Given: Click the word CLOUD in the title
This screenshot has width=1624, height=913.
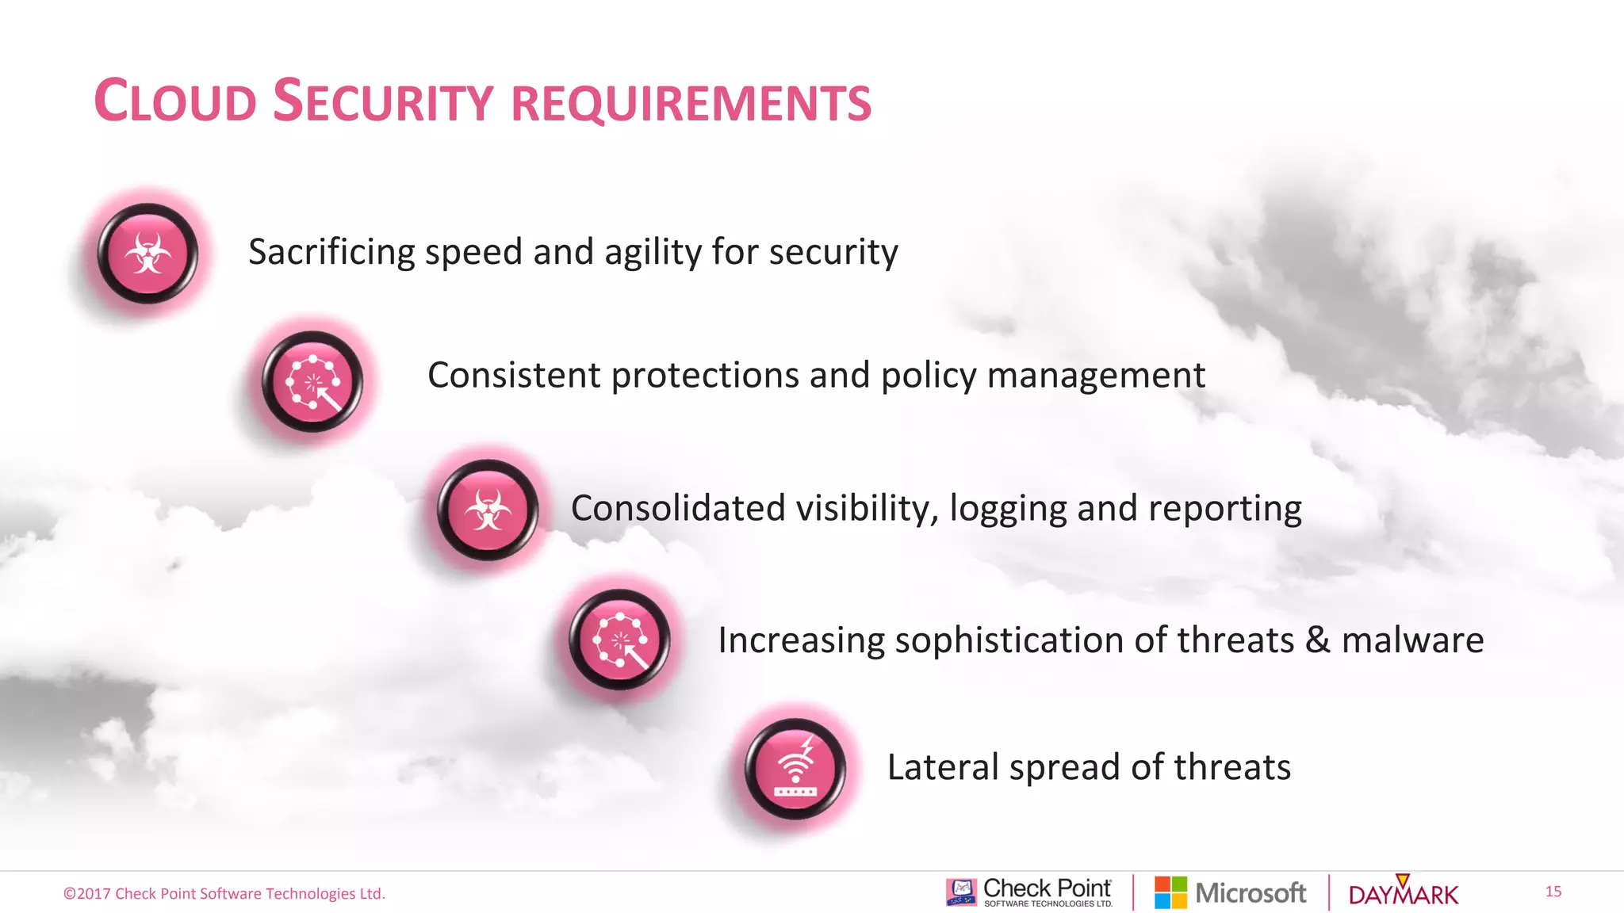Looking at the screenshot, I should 175,101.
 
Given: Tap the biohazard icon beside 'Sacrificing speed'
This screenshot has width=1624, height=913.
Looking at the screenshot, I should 147,254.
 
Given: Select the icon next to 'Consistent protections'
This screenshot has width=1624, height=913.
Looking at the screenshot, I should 312,382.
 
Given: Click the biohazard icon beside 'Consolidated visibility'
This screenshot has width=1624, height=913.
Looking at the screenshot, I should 488,510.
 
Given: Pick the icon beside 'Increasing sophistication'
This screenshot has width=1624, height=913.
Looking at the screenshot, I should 619,640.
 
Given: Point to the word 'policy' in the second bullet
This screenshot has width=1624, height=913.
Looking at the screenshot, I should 929,376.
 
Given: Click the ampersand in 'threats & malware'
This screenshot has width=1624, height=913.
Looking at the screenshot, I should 1317,640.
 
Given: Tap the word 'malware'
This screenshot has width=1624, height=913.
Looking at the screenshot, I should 1412,640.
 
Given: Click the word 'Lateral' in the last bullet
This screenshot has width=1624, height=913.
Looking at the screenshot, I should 942,767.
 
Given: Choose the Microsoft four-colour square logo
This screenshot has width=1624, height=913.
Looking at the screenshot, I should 1170,892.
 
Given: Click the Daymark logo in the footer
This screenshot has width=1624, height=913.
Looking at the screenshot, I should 1403,893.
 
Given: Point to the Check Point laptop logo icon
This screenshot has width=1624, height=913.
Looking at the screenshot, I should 961,892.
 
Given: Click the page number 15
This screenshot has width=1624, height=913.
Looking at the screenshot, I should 1553,892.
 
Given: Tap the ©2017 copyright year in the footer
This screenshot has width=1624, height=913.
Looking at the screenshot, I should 87,894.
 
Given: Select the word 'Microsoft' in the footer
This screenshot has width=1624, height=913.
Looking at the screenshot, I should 1251,893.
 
